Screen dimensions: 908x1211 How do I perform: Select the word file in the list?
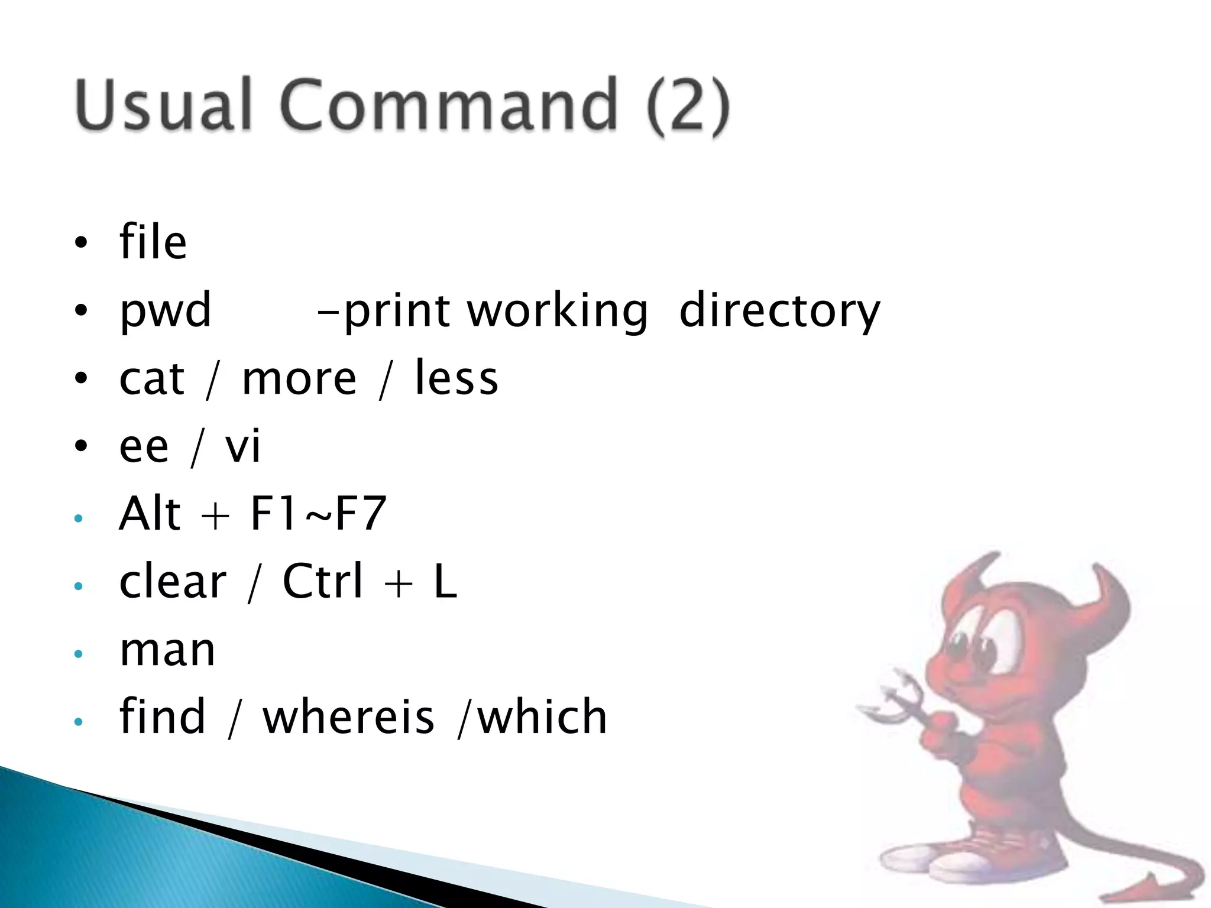[x=153, y=242]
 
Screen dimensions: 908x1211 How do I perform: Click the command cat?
[x=152, y=378]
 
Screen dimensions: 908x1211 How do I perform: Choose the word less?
[x=456, y=378]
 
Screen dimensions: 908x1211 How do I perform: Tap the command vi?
[x=242, y=446]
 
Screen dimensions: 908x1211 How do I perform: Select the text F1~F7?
[x=318, y=514]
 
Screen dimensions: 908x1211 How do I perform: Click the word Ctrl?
[x=322, y=581]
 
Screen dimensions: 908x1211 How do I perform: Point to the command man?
[x=167, y=650]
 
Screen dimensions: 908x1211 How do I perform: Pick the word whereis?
[x=348, y=717]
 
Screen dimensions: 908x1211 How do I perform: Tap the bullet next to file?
[x=80, y=242]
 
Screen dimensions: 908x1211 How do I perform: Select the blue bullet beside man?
[x=79, y=654]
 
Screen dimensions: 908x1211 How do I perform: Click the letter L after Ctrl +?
[x=445, y=581]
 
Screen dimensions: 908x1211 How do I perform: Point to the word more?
[x=299, y=378]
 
